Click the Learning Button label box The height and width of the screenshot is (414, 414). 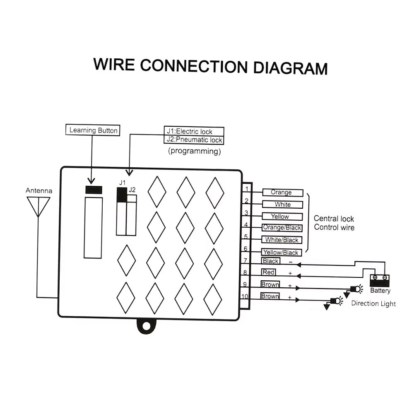click(93, 130)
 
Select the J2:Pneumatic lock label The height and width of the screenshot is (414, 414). click(194, 140)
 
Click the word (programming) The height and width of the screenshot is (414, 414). click(194, 151)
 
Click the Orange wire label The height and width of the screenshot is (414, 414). click(282, 193)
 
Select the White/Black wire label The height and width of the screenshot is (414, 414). click(282, 240)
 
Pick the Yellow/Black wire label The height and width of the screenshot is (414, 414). click(281, 252)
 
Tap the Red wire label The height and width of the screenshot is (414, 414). click(269, 272)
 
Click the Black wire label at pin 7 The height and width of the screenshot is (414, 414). click(270, 261)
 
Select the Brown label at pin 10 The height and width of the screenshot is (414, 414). click(270, 296)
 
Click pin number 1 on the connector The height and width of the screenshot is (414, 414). click(246, 189)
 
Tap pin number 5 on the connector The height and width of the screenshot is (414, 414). click(246, 237)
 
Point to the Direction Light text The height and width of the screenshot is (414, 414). click(373, 303)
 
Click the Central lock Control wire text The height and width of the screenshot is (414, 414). click(334, 223)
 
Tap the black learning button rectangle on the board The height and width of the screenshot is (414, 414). click(94, 190)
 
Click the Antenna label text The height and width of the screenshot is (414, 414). click(39, 191)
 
